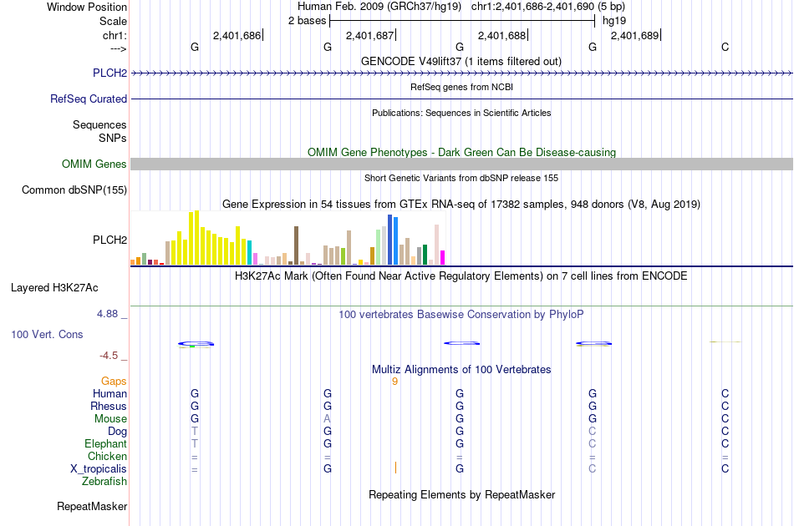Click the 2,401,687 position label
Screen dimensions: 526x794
pos(369,35)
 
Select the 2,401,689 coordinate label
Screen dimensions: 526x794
pos(635,35)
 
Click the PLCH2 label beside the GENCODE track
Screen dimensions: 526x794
pos(110,73)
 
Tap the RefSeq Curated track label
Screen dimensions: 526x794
pos(89,99)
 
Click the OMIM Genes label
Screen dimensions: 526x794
pos(94,164)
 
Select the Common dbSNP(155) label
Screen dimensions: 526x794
pos(74,190)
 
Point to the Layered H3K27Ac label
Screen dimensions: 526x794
pos(54,288)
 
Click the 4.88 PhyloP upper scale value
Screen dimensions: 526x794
pos(109,314)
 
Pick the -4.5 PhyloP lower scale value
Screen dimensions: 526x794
pos(109,356)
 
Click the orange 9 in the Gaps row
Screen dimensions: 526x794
pos(394,382)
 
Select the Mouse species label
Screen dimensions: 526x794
pos(110,419)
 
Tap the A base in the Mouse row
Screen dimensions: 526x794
pos(328,419)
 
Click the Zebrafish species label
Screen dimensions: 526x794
pos(104,482)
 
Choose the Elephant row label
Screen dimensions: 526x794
pos(105,444)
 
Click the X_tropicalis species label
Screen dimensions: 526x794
pos(99,469)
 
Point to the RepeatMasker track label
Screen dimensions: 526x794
pos(92,507)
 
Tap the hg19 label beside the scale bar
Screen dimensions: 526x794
pos(613,21)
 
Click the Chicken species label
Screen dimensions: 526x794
pos(107,457)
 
